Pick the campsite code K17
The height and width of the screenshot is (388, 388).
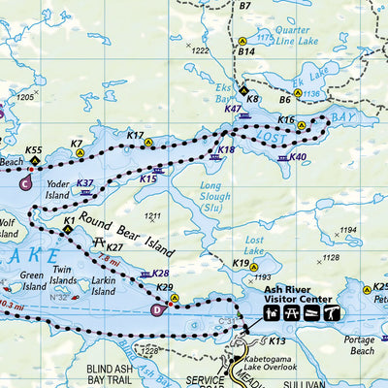pos(135,136)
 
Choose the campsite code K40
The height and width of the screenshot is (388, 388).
pos(298,157)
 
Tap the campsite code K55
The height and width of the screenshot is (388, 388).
pos(34,150)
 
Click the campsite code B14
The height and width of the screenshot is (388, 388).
pos(246,51)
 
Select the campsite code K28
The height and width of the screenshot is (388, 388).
pos(161,275)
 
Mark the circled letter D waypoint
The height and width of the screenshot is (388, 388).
pos(158,310)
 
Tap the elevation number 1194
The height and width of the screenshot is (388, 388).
pos(346,231)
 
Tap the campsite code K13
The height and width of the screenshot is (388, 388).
pos(276,341)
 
